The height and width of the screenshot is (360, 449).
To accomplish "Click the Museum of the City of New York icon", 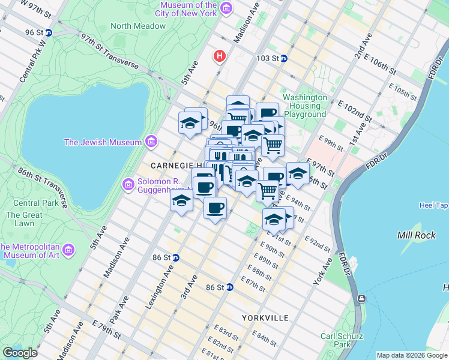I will (x=226, y=8).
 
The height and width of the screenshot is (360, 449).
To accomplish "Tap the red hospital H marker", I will (x=220, y=56).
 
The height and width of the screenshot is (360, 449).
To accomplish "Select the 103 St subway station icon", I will (x=284, y=59).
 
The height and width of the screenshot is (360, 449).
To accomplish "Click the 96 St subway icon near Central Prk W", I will (x=47, y=32).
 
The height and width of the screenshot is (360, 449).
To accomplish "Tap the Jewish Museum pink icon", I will (x=151, y=142).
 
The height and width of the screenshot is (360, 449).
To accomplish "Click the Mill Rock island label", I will (x=417, y=235).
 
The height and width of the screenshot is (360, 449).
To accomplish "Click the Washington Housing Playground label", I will (x=305, y=106).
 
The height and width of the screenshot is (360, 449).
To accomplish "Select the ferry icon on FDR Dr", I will (x=361, y=298).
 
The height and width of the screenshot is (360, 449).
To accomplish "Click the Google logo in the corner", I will (x=20, y=353).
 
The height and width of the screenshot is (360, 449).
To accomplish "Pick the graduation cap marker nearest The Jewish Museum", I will (x=190, y=124).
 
